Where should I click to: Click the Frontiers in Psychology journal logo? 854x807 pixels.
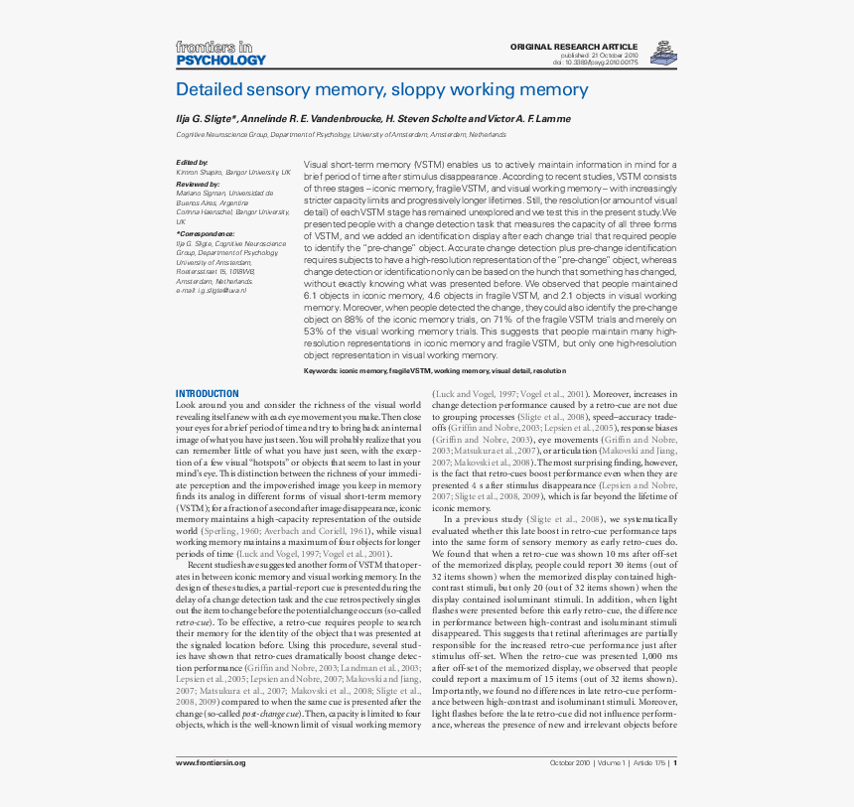tap(220, 53)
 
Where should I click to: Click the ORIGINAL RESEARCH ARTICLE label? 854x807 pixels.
tap(572, 47)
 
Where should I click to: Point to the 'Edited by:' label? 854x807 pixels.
tap(192, 162)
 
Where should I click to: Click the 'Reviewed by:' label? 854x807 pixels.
tap(198, 185)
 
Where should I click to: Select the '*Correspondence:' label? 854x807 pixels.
tap(206, 234)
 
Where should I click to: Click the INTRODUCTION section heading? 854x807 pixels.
tap(207, 394)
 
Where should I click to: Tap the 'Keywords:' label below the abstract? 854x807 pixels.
tap(321, 370)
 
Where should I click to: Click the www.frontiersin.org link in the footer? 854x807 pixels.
tap(211, 762)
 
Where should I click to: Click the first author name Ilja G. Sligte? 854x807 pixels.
tap(206, 118)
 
